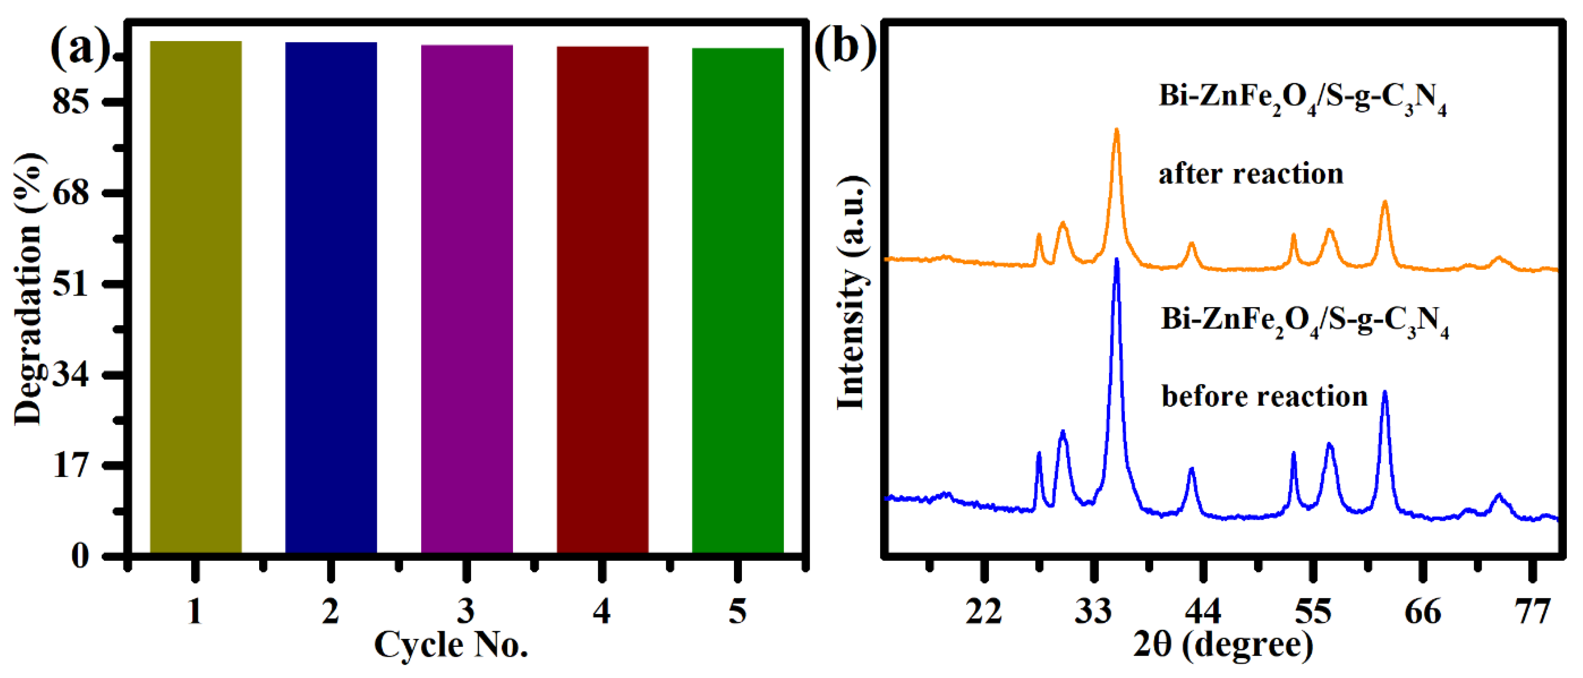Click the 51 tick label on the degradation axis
[71, 284]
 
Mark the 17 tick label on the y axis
[71, 465]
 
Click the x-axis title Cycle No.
[451, 645]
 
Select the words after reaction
[1251, 174]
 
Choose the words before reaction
[1264, 396]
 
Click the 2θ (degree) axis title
[1223, 645]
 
